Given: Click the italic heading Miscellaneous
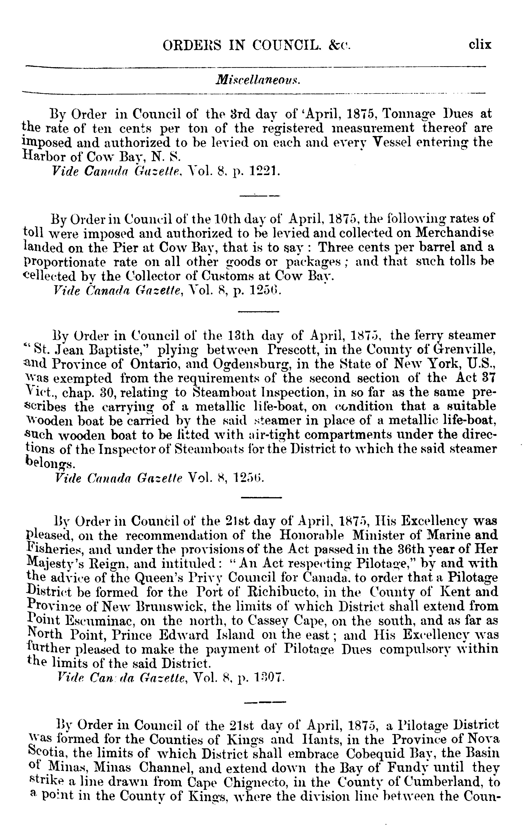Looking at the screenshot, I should [x=258, y=80].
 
